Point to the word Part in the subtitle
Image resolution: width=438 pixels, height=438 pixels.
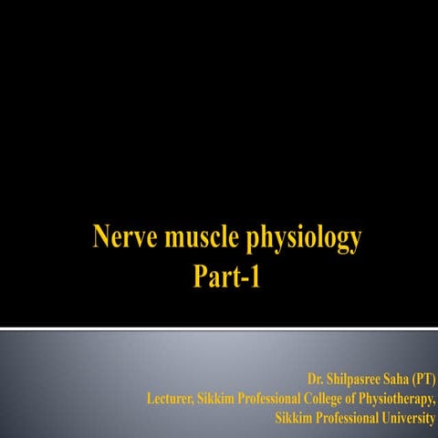(x=214, y=276)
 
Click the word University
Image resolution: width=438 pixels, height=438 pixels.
(x=406, y=419)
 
